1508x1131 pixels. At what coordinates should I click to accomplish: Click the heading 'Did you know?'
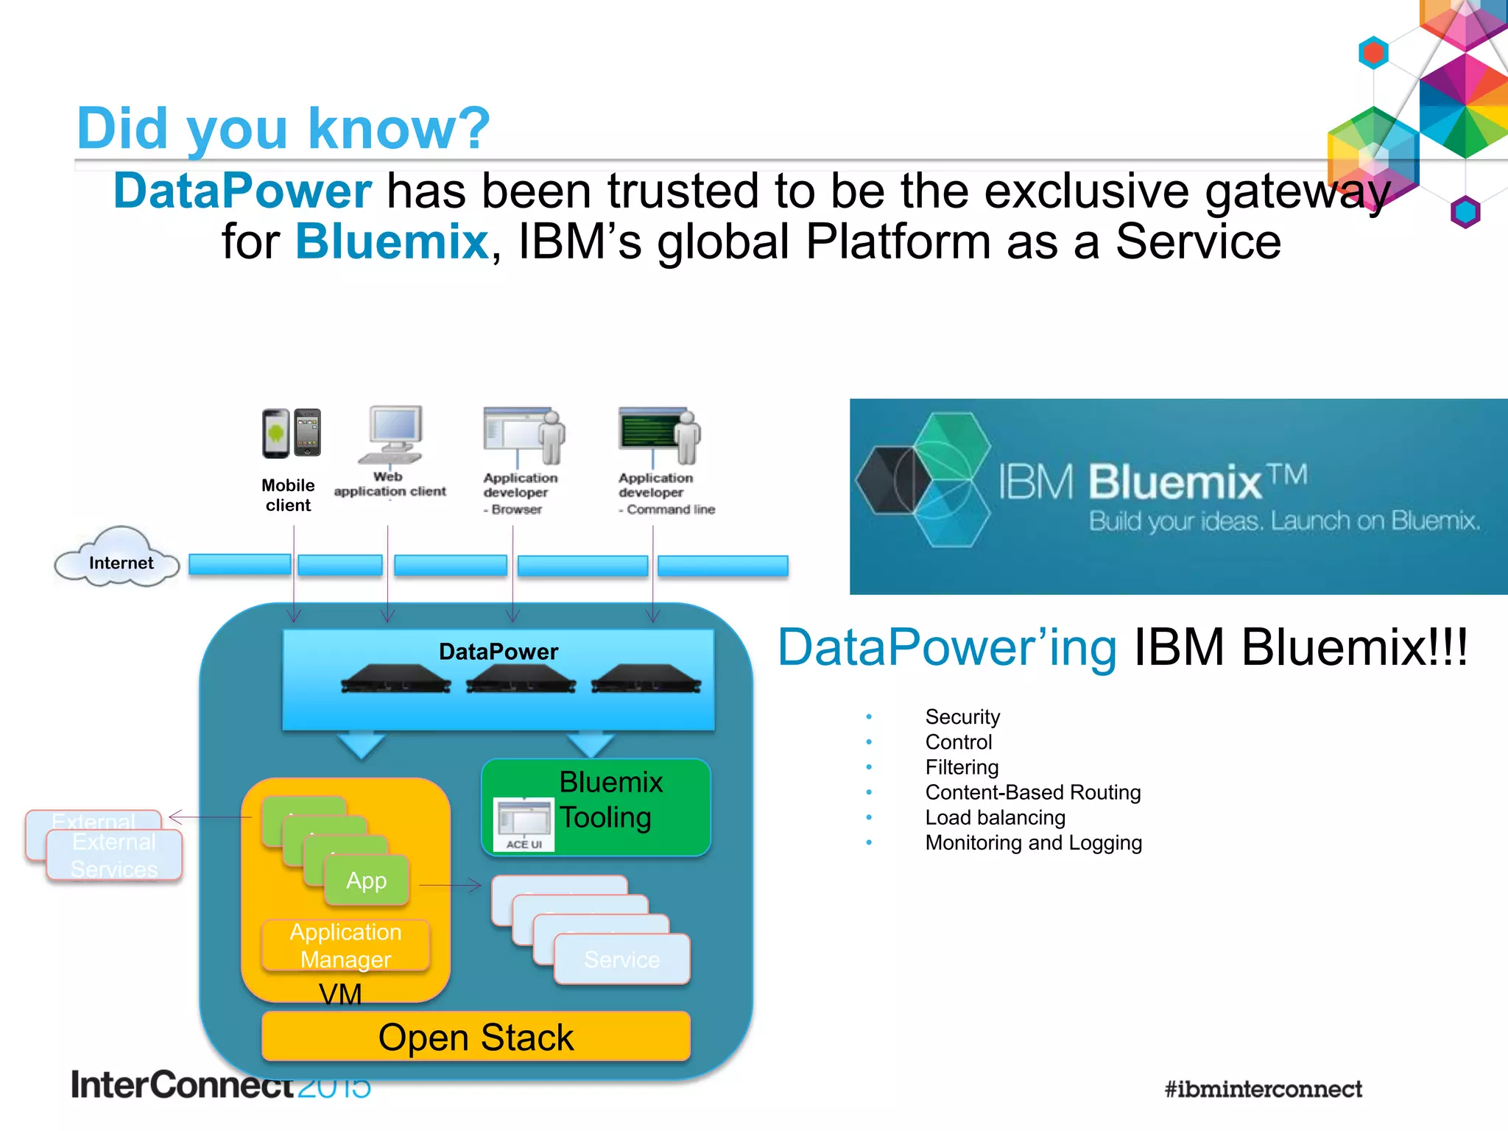pos(283,128)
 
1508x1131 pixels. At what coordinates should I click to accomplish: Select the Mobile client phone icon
pos(292,434)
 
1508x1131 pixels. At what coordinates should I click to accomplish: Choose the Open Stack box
pos(476,1037)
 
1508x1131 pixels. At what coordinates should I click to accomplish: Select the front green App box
pos(366,881)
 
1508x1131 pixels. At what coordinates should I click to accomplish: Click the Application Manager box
pos(345,945)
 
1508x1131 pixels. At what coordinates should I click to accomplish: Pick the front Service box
pos(621,959)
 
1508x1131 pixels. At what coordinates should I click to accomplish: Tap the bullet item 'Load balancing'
pos(995,817)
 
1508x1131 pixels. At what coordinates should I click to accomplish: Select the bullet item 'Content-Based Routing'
pos(1032,792)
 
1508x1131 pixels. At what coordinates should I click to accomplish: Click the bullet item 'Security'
pos(962,716)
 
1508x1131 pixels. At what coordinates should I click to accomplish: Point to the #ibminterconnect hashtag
pos(1263,1089)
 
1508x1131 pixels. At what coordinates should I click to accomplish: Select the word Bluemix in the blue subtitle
pos(392,242)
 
